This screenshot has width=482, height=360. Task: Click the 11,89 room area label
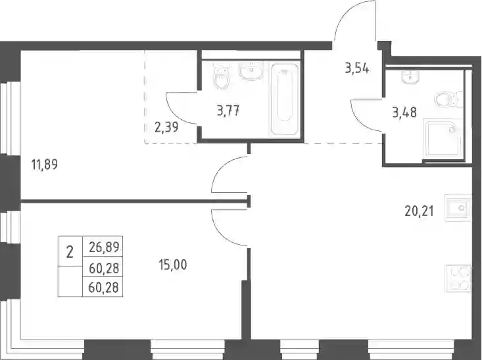[45, 165]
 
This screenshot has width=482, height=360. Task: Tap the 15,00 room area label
[173, 265]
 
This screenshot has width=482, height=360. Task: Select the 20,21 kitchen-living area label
[420, 211]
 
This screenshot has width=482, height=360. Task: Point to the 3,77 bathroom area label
[228, 111]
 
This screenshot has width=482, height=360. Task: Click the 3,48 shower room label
[404, 113]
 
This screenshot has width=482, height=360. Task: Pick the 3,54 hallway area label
[357, 68]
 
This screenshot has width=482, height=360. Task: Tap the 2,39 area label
[166, 127]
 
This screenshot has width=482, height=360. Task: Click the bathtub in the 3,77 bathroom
[284, 99]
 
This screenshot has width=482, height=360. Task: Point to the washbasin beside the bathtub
[251, 71]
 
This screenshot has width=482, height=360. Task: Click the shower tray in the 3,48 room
[443, 140]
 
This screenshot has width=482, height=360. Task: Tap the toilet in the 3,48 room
[448, 99]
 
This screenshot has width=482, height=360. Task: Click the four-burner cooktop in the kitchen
[458, 278]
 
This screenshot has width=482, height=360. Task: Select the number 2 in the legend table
[70, 253]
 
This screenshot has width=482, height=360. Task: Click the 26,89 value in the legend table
[104, 247]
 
